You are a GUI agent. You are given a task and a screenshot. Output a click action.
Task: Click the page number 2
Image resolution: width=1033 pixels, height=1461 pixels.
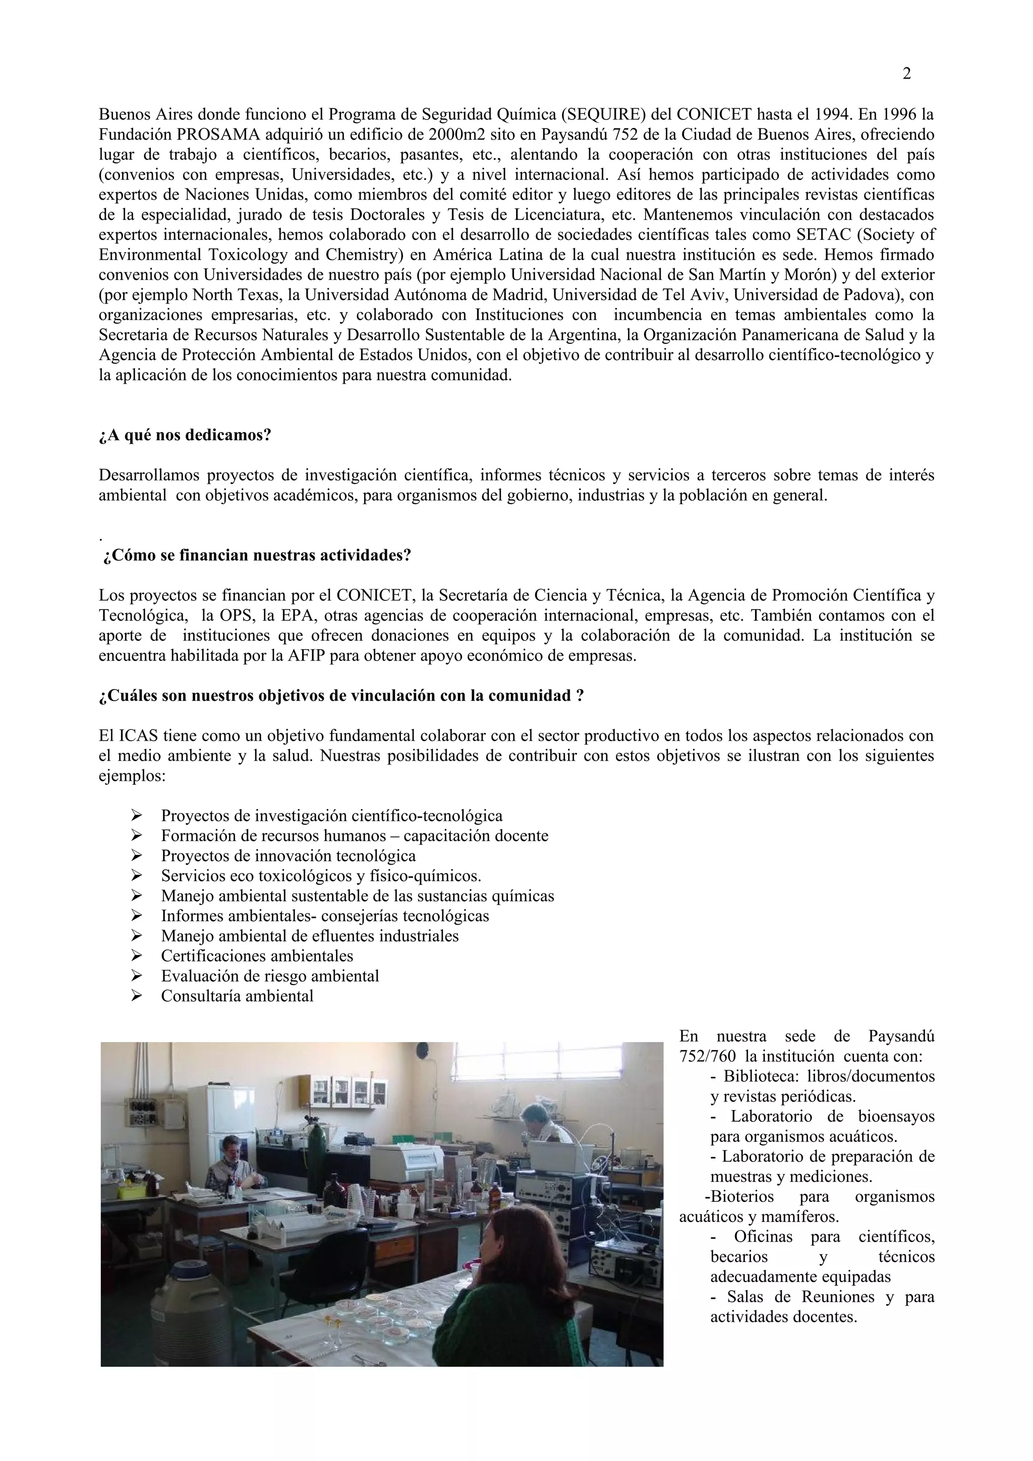[906, 74]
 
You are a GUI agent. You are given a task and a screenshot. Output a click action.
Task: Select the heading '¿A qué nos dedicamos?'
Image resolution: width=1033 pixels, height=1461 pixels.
[185, 436]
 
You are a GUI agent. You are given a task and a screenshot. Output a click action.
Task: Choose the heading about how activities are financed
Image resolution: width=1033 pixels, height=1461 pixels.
[257, 556]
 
